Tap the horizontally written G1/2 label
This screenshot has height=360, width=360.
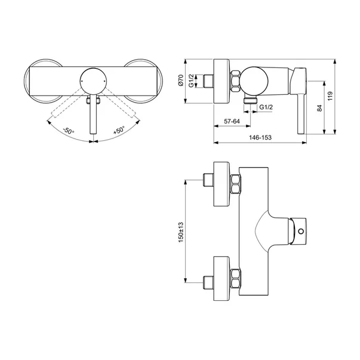(x=266, y=106)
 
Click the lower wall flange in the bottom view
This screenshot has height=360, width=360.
(x=221, y=278)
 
